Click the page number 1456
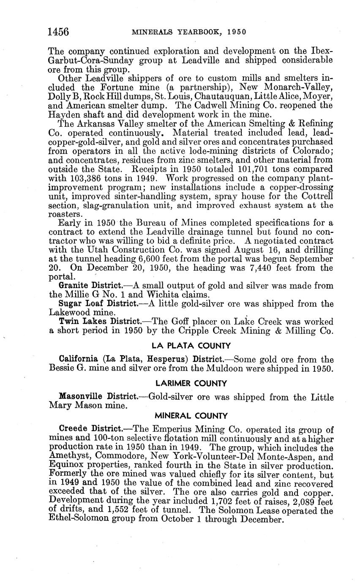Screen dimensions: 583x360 coord(58,32)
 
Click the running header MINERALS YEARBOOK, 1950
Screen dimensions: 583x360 coord(189,32)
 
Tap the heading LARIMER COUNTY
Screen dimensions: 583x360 coord(191,384)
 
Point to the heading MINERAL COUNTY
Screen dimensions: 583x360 coord(191,416)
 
